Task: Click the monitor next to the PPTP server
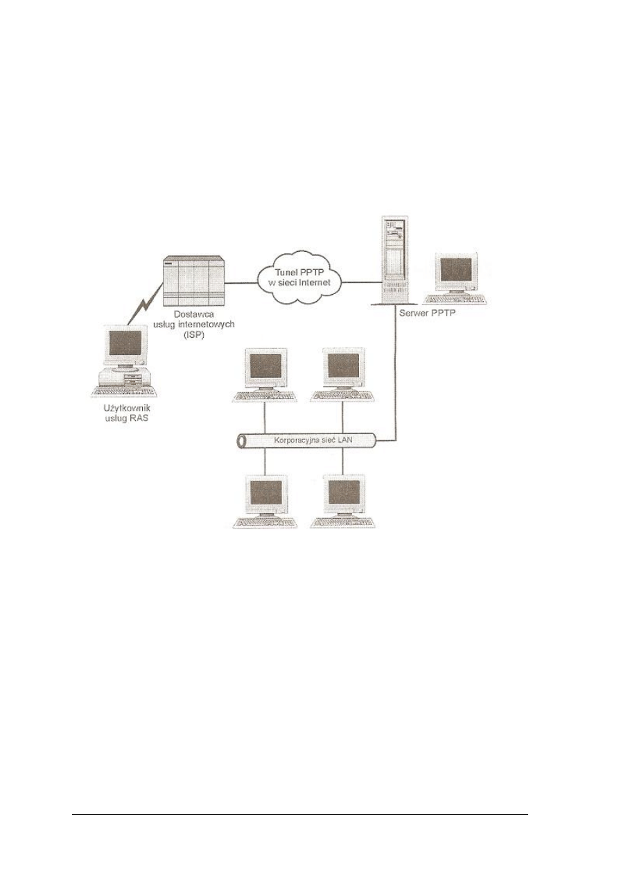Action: [455, 276]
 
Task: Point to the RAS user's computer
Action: [123, 359]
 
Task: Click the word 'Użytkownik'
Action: [122, 409]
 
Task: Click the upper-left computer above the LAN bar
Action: [265, 374]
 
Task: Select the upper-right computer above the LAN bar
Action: [342, 374]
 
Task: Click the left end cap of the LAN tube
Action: [238, 440]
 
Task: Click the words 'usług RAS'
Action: [122, 419]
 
